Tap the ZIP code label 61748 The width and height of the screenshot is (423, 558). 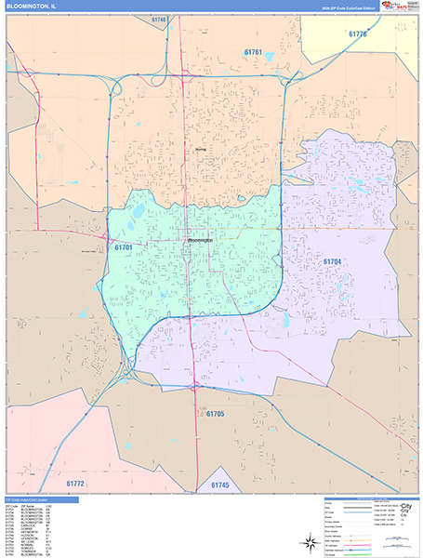click(x=158, y=20)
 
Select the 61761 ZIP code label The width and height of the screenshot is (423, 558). click(x=253, y=52)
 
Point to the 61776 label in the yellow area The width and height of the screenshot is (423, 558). click(x=358, y=34)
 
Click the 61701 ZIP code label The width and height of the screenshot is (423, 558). click(x=124, y=247)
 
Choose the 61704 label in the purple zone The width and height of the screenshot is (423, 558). click(x=334, y=261)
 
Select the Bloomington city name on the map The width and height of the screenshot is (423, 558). click(x=201, y=239)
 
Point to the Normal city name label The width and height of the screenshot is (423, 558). click(x=201, y=148)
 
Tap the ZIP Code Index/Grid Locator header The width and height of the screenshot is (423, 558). click(x=36, y=499)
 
